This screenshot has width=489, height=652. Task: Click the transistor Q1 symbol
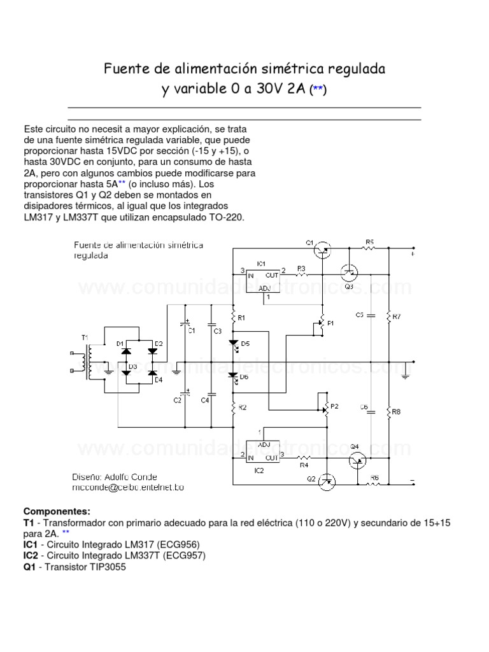click(x=323, y=249)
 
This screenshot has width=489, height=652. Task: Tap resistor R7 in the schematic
click(x=388, y=316)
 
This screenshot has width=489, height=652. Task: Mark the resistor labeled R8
click(x=388, y=413)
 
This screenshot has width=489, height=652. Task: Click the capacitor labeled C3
click(x=211, y=331)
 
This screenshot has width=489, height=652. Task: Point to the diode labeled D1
click(x=127, y=350)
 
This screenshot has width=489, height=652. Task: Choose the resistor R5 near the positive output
click(x=369, y=248)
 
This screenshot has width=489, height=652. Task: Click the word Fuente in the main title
click(x=125, y=67)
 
